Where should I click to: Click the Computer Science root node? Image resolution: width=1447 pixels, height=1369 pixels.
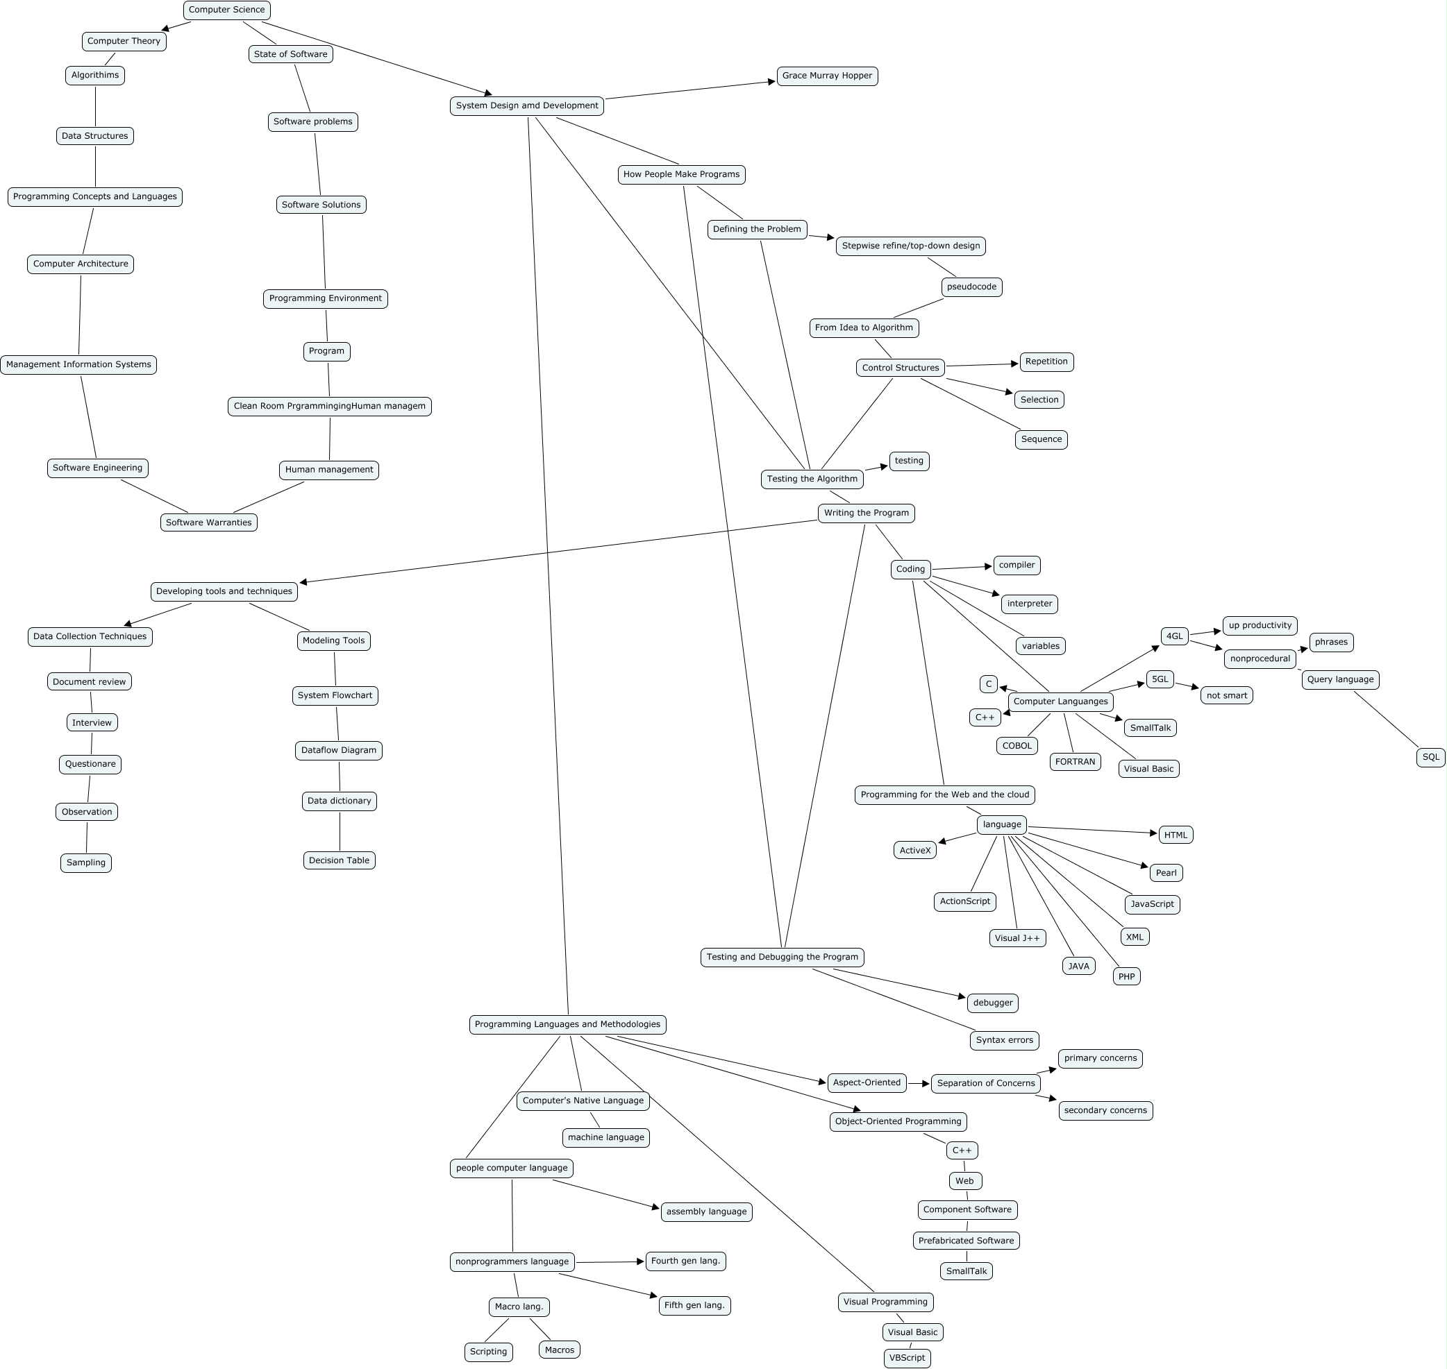[226, 10]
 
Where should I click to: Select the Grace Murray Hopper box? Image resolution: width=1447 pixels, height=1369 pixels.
[826, 76]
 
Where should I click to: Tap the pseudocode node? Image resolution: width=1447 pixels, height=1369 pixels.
[971, 287]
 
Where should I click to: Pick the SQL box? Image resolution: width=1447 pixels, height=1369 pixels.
[1430, 757]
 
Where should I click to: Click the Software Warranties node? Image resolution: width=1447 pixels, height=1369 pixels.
[208, 522]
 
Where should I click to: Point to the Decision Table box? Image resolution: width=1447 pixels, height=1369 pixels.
[339, 860]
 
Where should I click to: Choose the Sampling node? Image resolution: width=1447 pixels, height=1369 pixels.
[86, 862]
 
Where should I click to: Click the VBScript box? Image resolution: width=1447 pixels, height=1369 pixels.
[907, 1357]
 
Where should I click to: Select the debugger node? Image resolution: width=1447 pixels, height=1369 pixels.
[992, 1003]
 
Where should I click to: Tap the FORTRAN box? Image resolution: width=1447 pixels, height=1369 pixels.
[1075, 762]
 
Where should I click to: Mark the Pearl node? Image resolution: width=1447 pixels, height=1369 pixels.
[1166, 873]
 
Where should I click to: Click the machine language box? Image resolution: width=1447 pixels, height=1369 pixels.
[605, 1137]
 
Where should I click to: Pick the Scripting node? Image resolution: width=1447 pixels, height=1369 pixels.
[488, 1352]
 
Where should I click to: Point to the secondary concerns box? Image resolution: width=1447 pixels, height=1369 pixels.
[1105, 1111]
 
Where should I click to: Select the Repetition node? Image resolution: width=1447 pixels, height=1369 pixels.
[1046, 362]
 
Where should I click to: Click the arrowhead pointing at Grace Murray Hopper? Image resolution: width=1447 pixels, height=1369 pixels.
[771, 82]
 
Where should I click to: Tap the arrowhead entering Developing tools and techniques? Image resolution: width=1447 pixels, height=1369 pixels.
[303, 582]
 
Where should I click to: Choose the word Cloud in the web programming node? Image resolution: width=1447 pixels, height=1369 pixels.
[1017, 794]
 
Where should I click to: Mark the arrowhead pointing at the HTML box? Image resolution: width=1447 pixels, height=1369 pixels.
[1153, 833]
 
